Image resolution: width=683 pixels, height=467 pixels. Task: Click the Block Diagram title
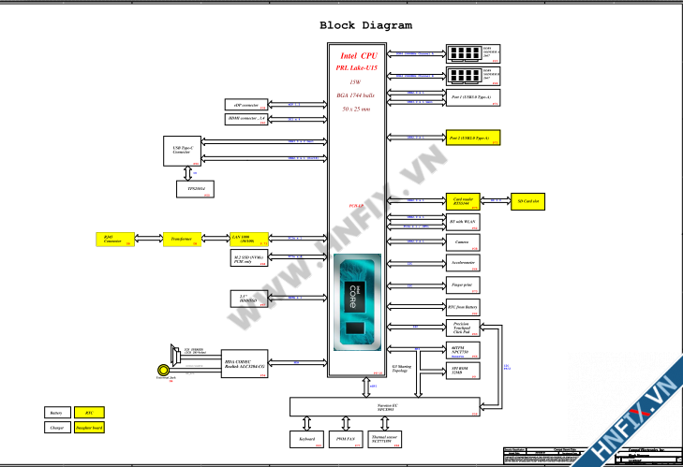click(365, 25)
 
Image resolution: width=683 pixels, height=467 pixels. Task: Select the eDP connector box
click(245, 105)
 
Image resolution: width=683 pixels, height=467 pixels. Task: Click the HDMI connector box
click(245, 119)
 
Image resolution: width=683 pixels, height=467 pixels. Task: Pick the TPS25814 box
click(195, 189)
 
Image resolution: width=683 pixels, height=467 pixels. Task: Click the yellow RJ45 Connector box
click(114, 240)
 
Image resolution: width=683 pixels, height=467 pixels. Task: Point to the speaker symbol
click(173, 354)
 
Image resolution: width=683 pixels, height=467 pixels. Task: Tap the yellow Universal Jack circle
click(164, 372)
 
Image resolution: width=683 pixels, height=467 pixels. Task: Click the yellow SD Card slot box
click(528, 200)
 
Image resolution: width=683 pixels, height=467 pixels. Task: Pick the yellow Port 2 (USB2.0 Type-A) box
click(473, 138)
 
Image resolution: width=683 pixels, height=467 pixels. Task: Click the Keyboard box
click(307, 438)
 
